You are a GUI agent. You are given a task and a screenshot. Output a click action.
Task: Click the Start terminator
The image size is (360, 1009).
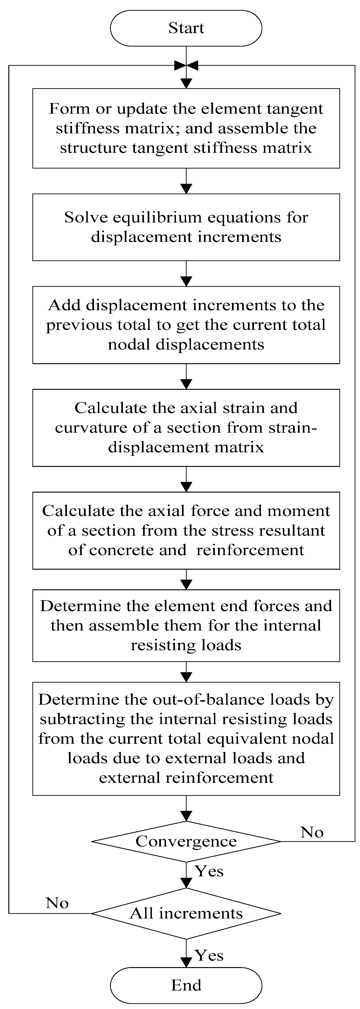186,28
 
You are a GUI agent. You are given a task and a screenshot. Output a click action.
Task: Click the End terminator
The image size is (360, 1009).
186,985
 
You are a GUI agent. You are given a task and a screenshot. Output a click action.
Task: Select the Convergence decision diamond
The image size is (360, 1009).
186,841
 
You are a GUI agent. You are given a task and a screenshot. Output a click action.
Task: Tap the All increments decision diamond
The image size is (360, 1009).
186,913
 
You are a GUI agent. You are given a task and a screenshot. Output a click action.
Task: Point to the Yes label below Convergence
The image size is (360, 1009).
209,871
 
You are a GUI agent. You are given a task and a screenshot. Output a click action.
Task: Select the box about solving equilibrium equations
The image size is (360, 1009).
186,227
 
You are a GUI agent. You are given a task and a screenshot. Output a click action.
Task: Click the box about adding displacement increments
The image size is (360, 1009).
186,325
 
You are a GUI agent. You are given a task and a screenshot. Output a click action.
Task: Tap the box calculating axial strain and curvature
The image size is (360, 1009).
186,428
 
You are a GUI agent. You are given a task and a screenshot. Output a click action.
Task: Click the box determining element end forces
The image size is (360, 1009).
186,625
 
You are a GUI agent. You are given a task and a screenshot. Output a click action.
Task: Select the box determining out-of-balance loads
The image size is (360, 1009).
186,738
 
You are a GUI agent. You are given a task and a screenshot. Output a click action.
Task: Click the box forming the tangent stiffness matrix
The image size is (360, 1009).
186,128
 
